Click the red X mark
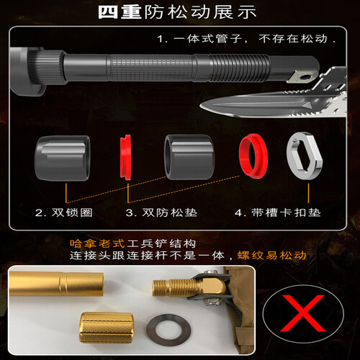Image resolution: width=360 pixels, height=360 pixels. coord(303,313)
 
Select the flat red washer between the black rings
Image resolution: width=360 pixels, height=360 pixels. coord(125,157)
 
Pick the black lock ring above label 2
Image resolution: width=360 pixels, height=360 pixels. coord(63,158)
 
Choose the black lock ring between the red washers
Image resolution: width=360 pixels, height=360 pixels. coord(189,157)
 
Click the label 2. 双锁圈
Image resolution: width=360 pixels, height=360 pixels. coord(64,212)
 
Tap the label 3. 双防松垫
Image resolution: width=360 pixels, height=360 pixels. coord(161,212)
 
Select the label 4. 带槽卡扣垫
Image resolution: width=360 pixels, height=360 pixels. coord(278,212)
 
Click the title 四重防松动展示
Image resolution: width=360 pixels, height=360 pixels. coord(177,12)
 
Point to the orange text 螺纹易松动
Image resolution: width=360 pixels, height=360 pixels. coord(271,256)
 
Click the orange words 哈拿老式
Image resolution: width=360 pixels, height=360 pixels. coord(97,244)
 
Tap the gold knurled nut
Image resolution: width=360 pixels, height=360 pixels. coord(106,328)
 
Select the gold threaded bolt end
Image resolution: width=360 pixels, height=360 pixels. coord(173,288)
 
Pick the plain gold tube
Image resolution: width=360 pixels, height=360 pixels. coord(56,284)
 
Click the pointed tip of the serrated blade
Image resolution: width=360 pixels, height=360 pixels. coord(201,106)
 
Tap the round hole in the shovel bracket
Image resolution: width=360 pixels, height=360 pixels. coord(306,77)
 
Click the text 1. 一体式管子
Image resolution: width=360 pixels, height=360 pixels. coord(199,39)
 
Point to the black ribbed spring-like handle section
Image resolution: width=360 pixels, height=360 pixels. coord(240,68)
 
